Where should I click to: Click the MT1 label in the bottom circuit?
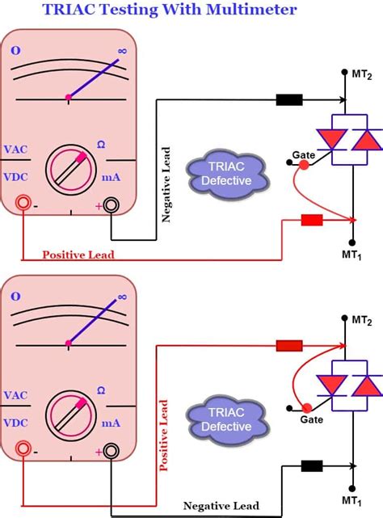click(353, 502)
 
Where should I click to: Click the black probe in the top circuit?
click(288, 100)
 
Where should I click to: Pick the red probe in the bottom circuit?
click(288, 346)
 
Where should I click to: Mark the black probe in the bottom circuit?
click(312, 465)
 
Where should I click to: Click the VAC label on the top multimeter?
click(19, 149)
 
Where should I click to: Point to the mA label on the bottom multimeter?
click(112, 422)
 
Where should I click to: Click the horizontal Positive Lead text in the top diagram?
click(78, 255)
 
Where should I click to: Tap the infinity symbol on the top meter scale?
click(122, 51)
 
